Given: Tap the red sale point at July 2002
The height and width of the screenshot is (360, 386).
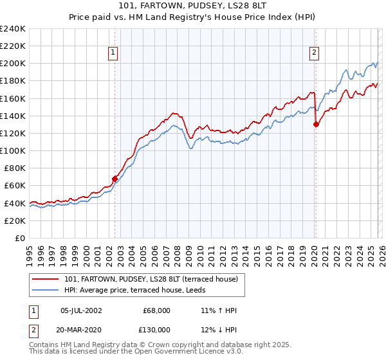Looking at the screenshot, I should pos(115,179).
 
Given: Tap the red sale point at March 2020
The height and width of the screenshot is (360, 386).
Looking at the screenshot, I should pos(316,125).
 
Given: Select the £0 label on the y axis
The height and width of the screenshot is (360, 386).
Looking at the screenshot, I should pos(19,238).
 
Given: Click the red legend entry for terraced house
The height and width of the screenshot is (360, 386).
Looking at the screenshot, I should pos(151,278).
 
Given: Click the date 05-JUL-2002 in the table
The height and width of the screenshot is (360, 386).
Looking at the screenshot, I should pos(80,310).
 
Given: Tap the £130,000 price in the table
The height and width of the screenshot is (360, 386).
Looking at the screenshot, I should pos(154,329).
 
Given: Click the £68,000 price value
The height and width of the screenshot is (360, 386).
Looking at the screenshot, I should pos(156,310).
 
